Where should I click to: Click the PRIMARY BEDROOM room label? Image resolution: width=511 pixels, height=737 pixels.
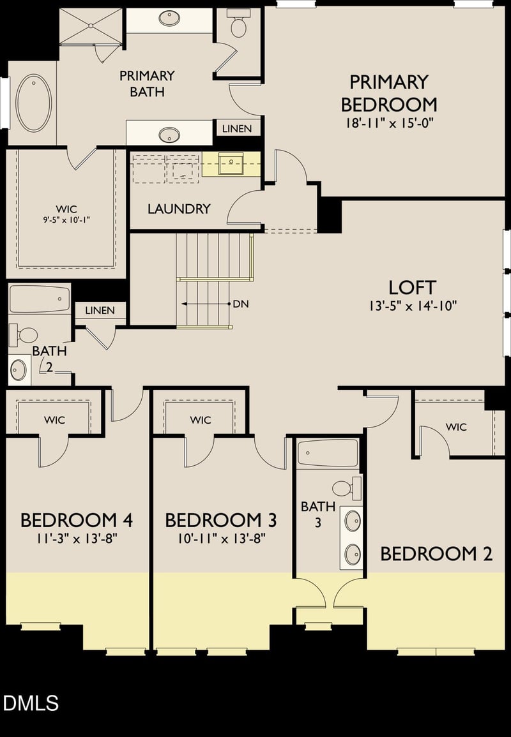coord(388,93)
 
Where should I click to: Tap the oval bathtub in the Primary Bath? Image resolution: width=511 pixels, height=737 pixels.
coord(34,103)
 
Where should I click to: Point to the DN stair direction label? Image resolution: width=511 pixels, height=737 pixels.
coord(240,304)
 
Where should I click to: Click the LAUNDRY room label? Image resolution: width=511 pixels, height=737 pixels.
coord(179,209)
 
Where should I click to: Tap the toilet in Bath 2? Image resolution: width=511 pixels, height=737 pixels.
coord(24,334)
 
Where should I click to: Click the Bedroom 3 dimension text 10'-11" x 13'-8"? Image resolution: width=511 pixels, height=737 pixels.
coord(221,538)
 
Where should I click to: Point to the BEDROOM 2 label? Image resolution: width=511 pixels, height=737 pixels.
coord(436,554)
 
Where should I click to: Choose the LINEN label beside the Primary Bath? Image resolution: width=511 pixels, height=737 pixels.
coord(237,128)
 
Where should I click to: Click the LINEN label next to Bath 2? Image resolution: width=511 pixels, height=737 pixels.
coord(100,311)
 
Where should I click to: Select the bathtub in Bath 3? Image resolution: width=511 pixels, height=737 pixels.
coord(328,454)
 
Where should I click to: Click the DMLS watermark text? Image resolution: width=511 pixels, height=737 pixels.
coord(31,703)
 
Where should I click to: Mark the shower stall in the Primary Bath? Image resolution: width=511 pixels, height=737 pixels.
coord(91,26)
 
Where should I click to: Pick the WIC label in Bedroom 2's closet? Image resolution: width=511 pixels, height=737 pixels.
coord(456,427)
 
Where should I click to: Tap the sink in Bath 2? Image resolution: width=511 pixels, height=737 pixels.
coord(18,369)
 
